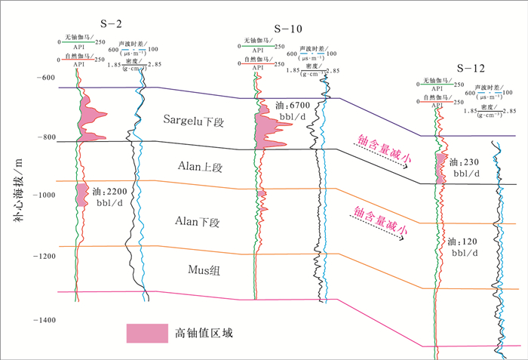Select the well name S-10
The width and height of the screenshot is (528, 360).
tap(287, 29)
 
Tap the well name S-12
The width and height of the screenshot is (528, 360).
tap(469, 68)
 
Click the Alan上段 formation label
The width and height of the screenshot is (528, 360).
tap(199, 165)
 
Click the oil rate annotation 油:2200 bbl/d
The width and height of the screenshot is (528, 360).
tap(115, 196)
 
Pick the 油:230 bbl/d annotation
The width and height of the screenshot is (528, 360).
tap(463, 168)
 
